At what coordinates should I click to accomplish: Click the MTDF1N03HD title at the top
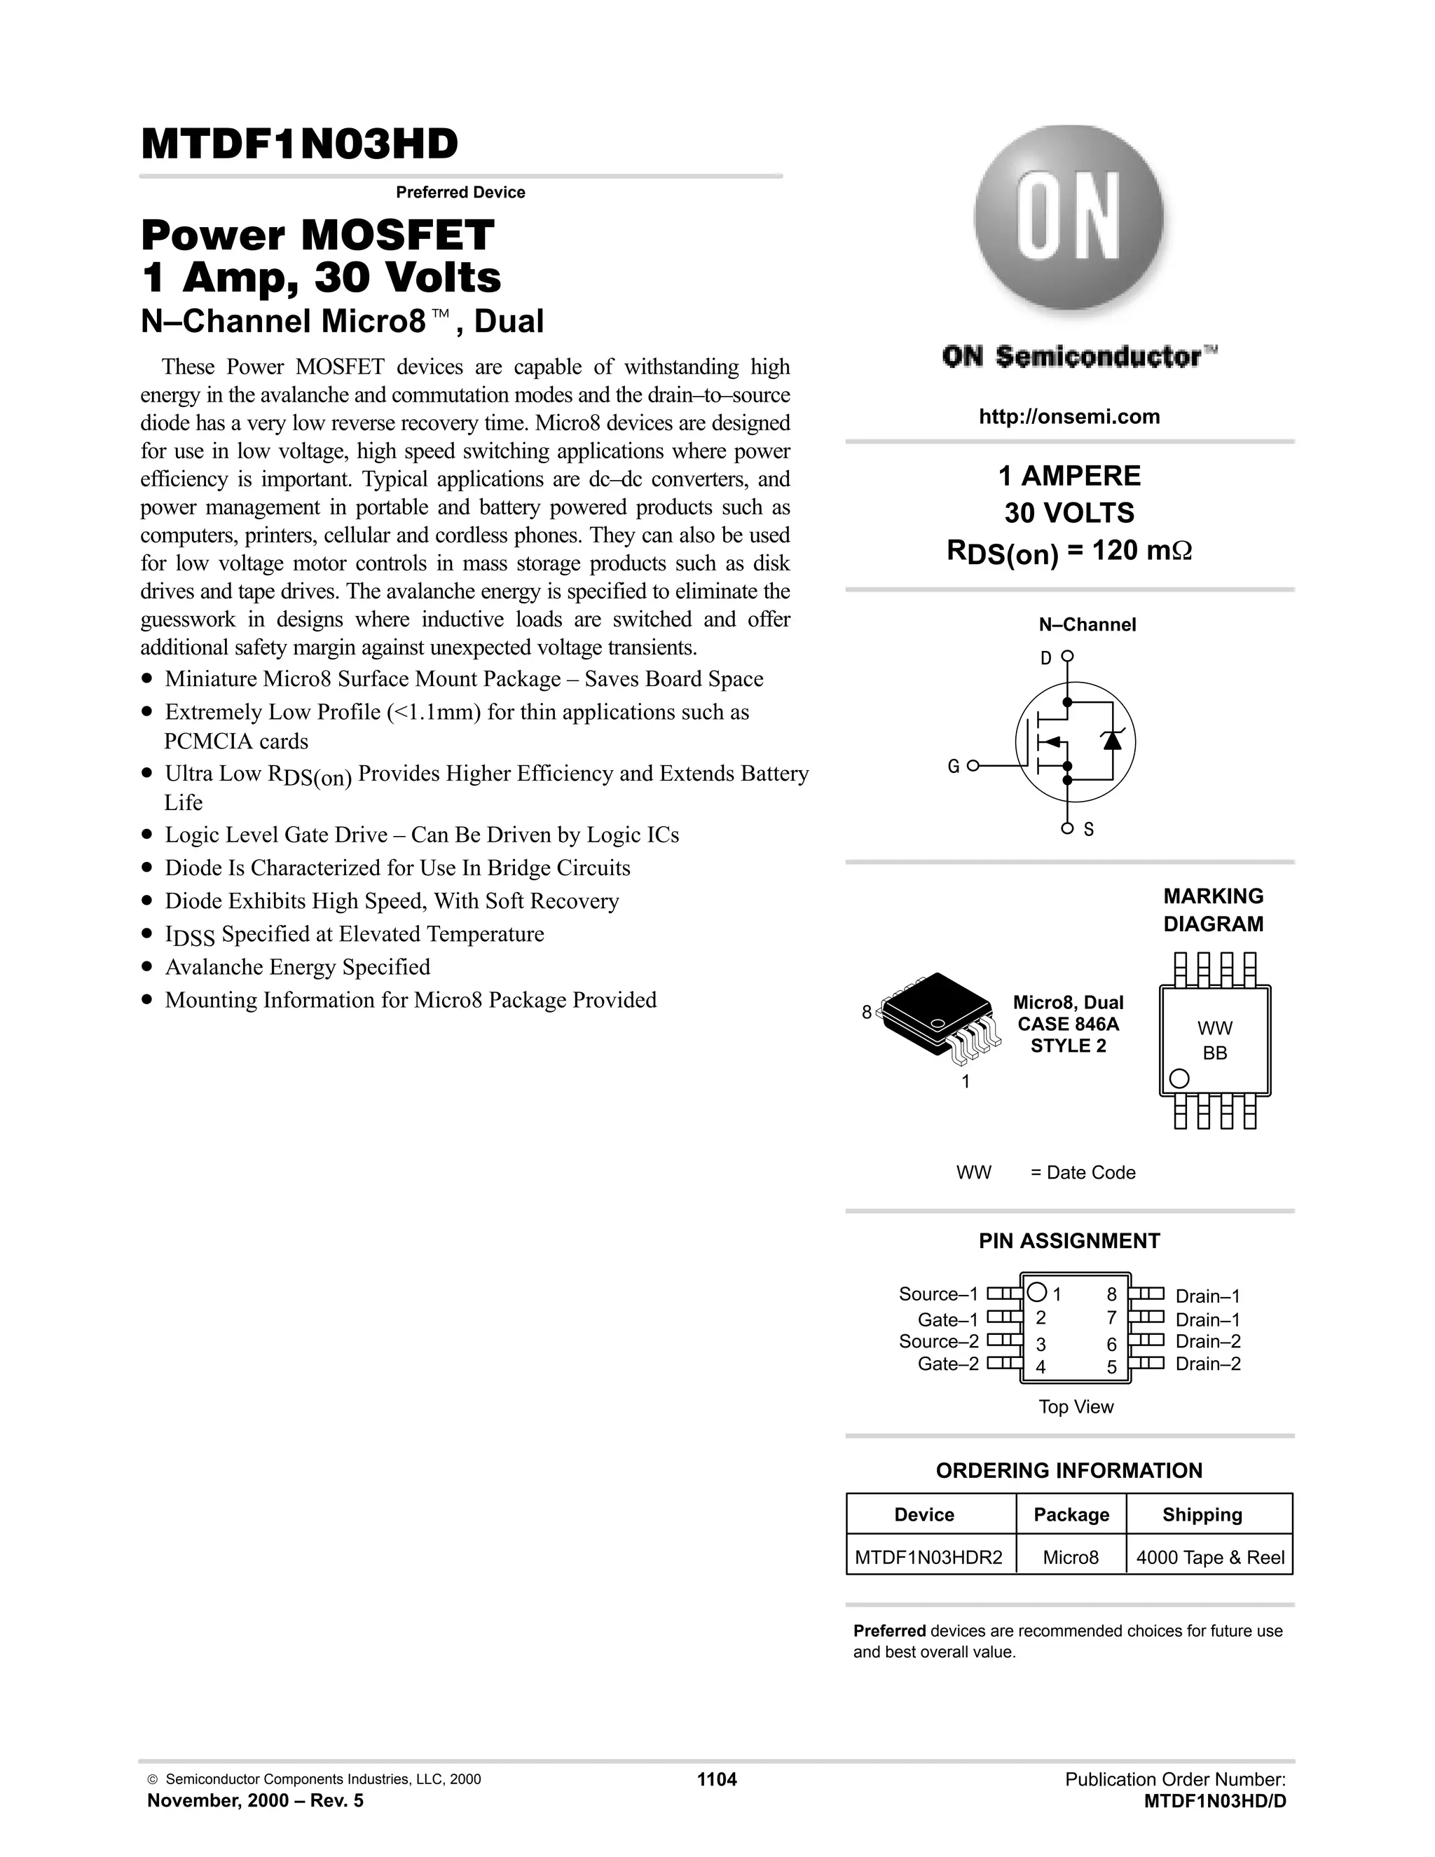click(x=299, y=144)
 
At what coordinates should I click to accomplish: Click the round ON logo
click(x=1069, y=219)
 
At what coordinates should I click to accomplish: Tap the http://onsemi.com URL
click(x=1069, y=417)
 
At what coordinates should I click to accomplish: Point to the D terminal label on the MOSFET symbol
click(x=1045, y=657)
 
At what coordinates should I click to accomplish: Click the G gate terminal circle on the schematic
click(x=973, y=766)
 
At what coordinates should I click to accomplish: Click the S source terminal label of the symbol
click(x=1088, y=829)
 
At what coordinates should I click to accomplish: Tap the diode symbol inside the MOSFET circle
click(x=1112, y=740)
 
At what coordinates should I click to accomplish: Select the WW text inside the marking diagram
click(x=1214, y=1028)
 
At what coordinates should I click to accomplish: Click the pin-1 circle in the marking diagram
click(x=1179, y=1078)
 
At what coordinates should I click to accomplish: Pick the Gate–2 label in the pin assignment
click(x=948, y=1364)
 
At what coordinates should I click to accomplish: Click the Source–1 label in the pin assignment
click(x=938, y=1294)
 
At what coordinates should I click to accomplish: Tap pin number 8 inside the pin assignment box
click(x=1111, y=1295)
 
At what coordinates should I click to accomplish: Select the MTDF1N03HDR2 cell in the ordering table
click(x=928, y=1558)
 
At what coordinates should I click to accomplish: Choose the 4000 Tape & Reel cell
click(x=1209, y=1558)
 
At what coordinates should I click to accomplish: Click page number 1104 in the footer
click(x=717, y=1780)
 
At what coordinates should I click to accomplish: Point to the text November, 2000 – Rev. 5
click(x=255, y=1800)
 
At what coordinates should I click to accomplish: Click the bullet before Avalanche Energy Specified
click(x=148, y=968)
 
